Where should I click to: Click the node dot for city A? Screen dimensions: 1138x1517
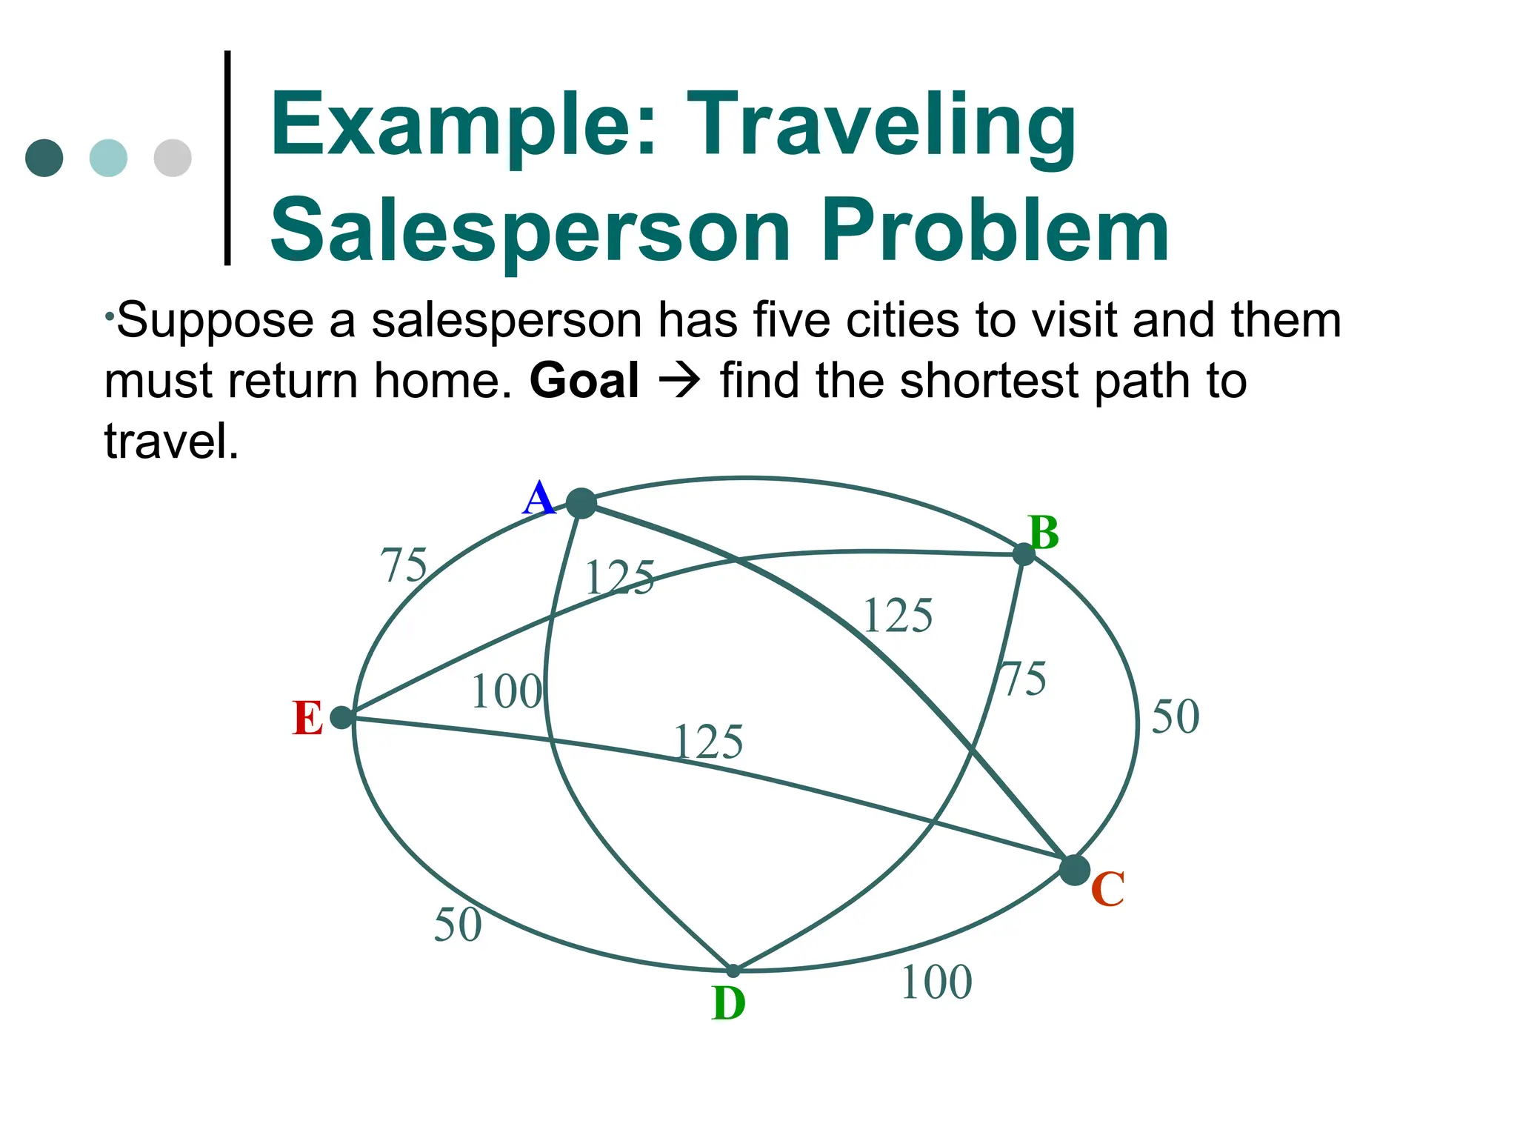click(581, 504)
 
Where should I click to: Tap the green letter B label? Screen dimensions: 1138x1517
click(1044, 533)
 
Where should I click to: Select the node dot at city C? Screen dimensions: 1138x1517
click(1074, 869)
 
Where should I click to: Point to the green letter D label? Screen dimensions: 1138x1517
click(728, 1004)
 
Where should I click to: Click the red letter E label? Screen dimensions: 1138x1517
click(307, 719)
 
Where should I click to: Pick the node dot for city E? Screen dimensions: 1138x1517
click(341, 717)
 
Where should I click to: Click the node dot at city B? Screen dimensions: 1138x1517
click(1023, 553)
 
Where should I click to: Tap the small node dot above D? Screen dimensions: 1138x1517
click(733, 970)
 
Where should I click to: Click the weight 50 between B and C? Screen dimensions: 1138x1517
click(1175, 716)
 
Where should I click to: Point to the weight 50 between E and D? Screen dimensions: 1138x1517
click(458, 925)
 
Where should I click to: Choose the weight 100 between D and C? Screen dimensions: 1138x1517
click(936, 982)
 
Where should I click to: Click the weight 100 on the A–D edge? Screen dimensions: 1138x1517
click(507, 691)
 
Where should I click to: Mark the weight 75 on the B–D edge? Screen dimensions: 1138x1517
click(1024, 679)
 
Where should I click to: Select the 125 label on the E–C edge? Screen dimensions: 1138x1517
click(708, 742)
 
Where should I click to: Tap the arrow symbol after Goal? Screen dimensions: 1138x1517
click(679, 381)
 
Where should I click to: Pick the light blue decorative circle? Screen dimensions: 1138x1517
click(108, 158)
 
